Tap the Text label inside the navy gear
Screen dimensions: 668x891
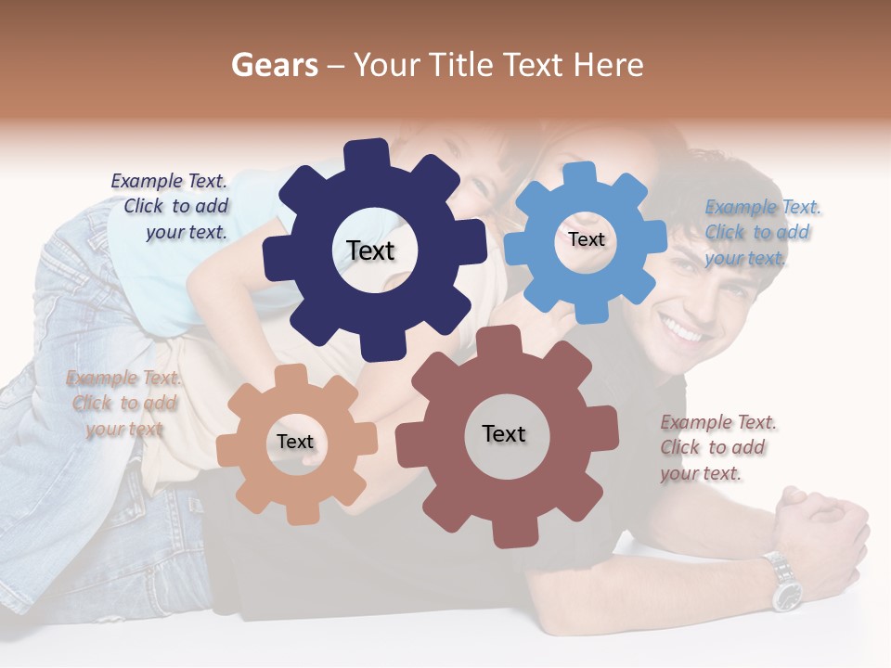pos(370,250)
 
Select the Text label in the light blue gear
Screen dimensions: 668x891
pos(586,239)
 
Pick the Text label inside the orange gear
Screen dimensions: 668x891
pos(295,442)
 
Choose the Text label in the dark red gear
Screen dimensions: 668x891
pos(504,433)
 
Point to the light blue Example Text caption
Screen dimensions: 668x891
pos(761,232)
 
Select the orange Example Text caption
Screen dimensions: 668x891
pos(124,403)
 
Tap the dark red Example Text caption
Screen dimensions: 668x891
pos(717,447)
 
